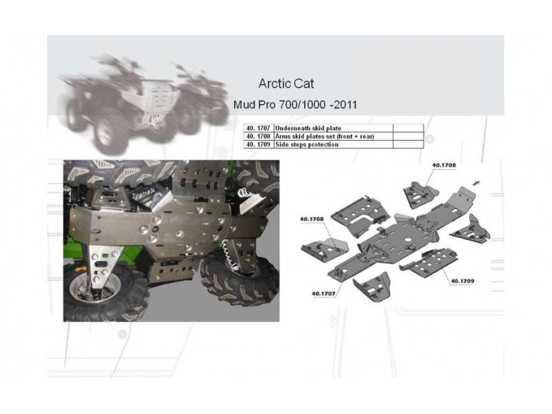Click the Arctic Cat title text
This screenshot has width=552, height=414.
pos(286,83)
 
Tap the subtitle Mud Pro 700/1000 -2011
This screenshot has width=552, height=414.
pos(295,105)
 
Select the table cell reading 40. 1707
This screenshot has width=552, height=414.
pos(258,128)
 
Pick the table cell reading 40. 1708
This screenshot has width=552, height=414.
pos(258,136)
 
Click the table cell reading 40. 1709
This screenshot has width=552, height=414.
pos(258,144)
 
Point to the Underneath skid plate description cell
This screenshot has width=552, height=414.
pos(333,128)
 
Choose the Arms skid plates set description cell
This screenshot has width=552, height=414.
pos(333,136)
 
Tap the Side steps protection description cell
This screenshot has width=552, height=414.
pos(333,144)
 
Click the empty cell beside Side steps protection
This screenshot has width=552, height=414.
pos(408,144)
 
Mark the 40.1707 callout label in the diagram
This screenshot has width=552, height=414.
pos(323,293)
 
